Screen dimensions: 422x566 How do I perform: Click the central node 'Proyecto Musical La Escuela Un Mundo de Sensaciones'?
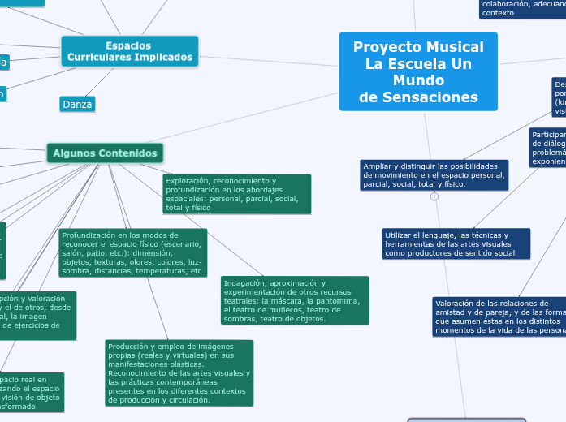[418, 72]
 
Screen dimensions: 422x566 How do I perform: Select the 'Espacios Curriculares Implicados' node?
[130, 51]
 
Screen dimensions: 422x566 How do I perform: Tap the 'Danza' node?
[77, 105]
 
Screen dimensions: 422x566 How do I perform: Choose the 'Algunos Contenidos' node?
[105, 153]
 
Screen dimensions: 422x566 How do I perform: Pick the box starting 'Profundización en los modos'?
[132, 252]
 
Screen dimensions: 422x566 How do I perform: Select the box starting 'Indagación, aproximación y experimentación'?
[295, 300]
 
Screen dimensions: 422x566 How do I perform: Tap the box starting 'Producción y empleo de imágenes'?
[179, 372]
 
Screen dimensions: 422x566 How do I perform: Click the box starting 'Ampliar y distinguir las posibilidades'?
[434, 174]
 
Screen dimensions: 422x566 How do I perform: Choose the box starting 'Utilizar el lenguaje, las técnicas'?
[456, 243]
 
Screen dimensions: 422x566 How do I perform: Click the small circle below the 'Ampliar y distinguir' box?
[434, 197]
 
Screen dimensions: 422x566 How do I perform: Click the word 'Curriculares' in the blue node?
[105, 58]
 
